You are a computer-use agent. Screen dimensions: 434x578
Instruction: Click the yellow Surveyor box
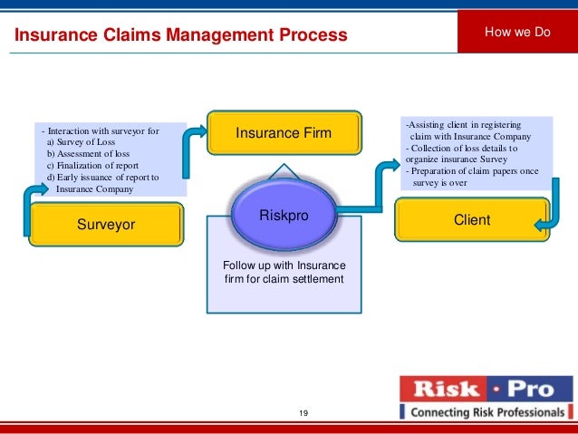pos(105,225)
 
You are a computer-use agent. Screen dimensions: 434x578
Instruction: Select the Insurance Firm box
pos(284,133)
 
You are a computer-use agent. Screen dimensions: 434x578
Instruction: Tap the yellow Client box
pos(472,220)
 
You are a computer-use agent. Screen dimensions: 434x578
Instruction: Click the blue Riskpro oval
pos(284,217)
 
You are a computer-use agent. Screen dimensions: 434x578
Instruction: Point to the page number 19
pos(303,414)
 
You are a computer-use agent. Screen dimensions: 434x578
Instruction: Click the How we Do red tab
pos(518,33)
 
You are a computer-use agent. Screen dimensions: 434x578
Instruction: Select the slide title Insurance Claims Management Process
pos(179,35)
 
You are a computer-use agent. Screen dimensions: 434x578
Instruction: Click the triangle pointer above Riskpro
pos(284,172)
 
